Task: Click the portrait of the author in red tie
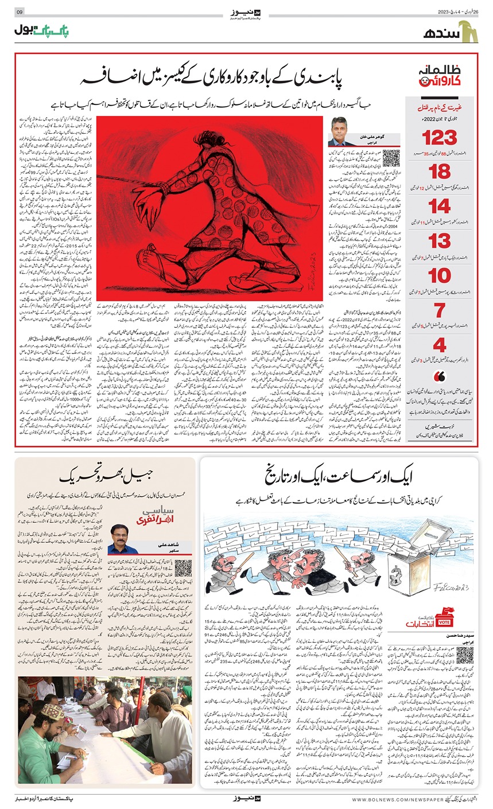point(343,133)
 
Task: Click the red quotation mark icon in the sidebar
point(440,377)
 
